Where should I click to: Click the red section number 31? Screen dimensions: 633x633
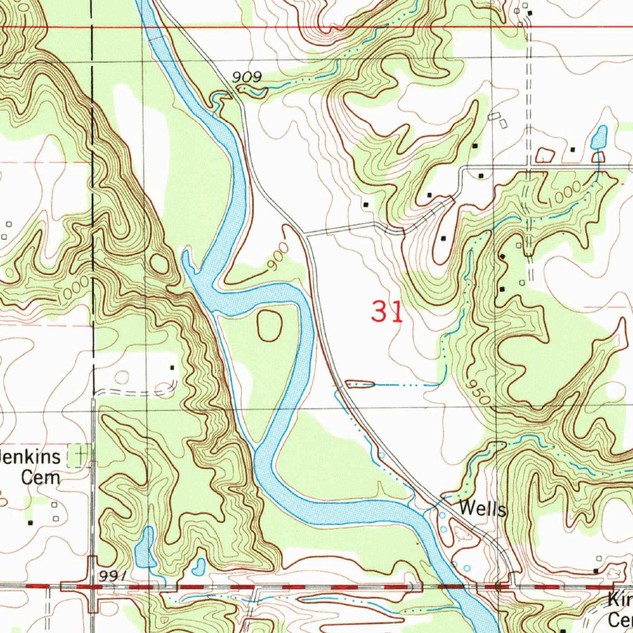pyautogui.click(x=388, y=312)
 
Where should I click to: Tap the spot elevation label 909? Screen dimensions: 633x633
pyautogui.click(x=247, y=77)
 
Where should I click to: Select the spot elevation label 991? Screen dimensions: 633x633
pyautogui.click(x=112, y=576)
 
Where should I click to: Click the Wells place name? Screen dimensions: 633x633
pyautogui.click(x=483, y=510)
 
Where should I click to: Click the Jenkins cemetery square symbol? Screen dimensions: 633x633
pyautogui.click(x=79, y=455)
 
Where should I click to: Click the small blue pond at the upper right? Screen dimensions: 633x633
pyautogui.click(x=599, y=138)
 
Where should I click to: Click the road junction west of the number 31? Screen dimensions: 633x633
pyautogui.click(x=305, y=234)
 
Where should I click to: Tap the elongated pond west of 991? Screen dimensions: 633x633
pyautogui.click(x=147, y=547)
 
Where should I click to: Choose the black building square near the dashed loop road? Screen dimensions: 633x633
pyautogui.click(x=172, y=367)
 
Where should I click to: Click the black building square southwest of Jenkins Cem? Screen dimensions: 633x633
pyautogui.click(x=30, y=522)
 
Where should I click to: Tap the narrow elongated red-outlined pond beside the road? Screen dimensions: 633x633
pyautogui.click(x=360, y=384)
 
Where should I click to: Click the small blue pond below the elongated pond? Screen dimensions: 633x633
pyautogui.click(x=198, y=565)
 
